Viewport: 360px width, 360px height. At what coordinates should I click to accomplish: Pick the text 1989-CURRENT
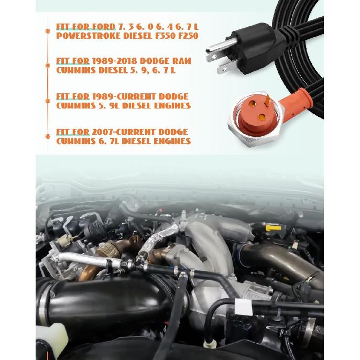(122, 97)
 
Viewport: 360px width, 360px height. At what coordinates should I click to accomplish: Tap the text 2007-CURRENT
(122, 133)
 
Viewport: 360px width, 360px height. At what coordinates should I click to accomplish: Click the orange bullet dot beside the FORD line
(48, 31)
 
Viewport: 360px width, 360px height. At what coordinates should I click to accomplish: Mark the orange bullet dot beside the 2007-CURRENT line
(48, 137)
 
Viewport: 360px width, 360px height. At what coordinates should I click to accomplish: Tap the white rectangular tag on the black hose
(243, 307)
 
